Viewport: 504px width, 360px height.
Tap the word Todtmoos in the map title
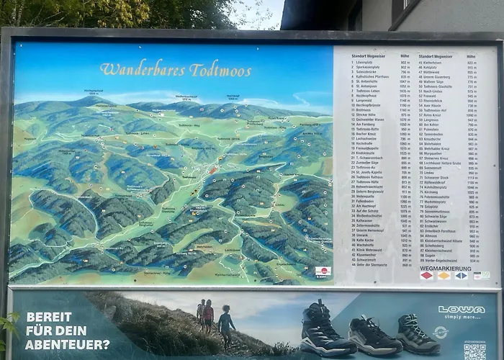[x=220, y=70]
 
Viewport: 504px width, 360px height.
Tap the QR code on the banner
[x=474, y=351]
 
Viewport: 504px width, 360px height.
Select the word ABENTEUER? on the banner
[x=67, y=344]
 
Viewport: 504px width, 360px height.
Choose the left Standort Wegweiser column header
[x=368, y=55]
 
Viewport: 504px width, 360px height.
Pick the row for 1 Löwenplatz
[x=366, y=63]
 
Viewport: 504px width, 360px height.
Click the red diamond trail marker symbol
[x=426, y=276]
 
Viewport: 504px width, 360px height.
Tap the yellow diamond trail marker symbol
[x=444, y=276]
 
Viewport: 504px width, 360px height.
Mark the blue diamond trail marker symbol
[x=461, y=276]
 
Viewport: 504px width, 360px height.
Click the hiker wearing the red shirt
[x=208, y=317]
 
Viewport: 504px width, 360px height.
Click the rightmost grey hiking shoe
[x=417, y=334]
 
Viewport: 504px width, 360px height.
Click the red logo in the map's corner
[x=322, y=272]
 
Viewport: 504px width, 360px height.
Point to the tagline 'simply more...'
[x=462, y=317]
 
